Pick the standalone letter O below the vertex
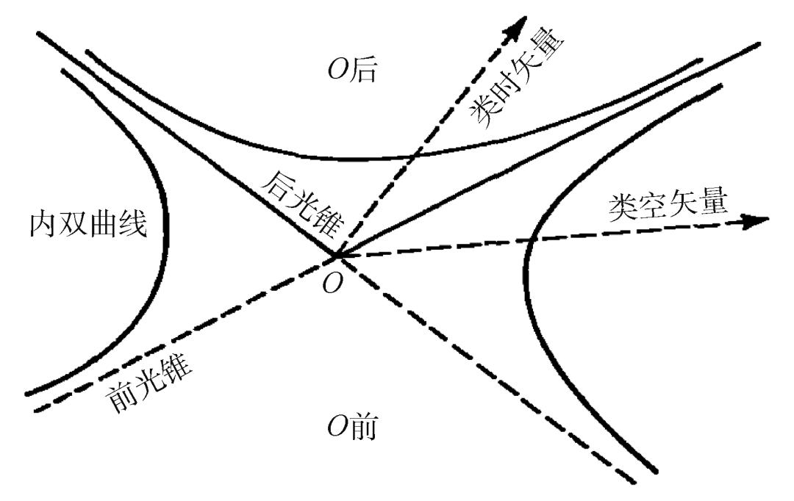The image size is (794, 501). pyautogui.click(x=333, y=282)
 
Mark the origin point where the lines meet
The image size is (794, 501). pyautogui.click(x=336, y=256)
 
